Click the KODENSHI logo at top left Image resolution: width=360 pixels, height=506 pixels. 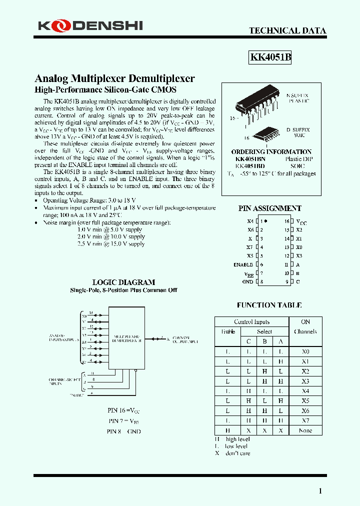tap(90, 25)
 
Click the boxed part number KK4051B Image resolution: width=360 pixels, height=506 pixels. tap(270, 57)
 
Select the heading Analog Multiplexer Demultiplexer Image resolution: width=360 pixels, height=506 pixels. tap(114, 78)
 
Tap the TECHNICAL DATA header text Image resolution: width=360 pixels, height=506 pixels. tap(287, 30)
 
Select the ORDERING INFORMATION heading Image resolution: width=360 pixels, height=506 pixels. tap(271, 151)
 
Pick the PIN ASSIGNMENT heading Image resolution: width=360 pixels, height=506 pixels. tap(270, 208)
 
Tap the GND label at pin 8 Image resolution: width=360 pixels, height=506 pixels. tap(247, 282)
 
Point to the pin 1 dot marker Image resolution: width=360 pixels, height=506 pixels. tap(266, 221)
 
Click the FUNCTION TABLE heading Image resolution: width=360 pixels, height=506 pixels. tap(269, 304)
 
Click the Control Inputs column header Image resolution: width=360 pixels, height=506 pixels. tap(251, 322)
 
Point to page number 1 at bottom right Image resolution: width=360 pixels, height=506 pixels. tap(320, 491)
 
